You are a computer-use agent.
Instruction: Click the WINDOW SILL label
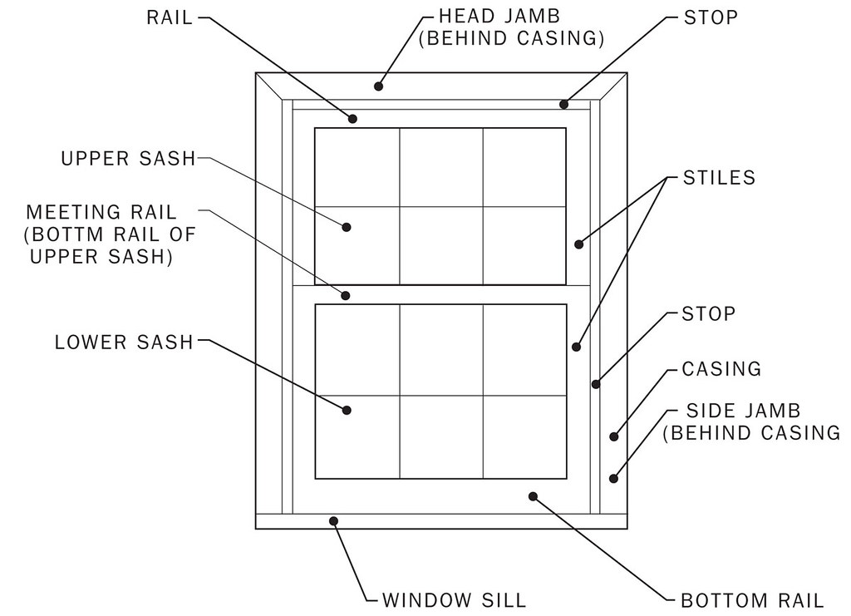tap(454, 599)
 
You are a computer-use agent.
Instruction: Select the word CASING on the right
tap(721, 368)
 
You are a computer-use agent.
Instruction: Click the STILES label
tap(719, 177)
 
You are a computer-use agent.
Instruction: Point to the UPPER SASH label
tap(128, 158)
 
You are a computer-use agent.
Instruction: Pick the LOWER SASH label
tap(124, 342)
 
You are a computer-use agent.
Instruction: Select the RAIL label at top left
tap(170, 17)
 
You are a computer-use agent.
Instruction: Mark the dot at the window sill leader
tap(334, 521)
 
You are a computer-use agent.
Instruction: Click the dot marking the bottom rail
tap(533, 495)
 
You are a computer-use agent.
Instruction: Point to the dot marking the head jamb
tap(378, 85)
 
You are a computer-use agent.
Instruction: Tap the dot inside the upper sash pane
tap(347, 227)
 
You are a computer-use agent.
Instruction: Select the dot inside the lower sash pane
tap(347, 410)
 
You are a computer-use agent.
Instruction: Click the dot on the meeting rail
tap(347, 294)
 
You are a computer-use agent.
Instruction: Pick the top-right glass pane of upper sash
tap(524, 167)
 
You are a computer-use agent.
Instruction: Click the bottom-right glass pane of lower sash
tap(524, 436)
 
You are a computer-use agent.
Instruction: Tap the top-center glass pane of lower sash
tap(441, 350)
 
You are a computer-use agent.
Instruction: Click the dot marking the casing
tap(614, 436)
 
